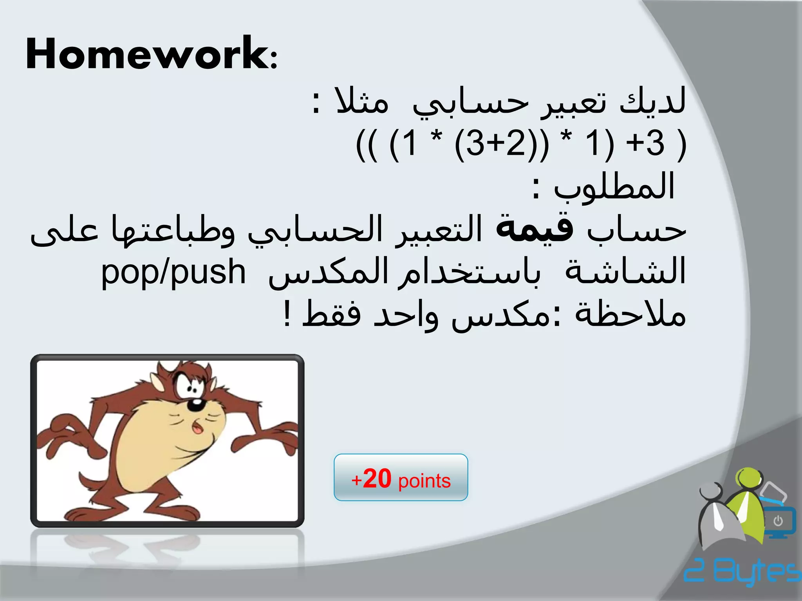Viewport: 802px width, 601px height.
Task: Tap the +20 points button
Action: tap(401, 477)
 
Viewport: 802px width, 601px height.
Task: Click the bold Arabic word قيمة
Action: tap(535, 229)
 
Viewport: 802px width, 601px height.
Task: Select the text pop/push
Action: tap(173, 272)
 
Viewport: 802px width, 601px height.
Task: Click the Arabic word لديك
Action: tap(652, 101)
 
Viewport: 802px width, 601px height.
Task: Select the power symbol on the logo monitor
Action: tap(778, 521)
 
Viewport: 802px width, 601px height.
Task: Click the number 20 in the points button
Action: tap(377, 479)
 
